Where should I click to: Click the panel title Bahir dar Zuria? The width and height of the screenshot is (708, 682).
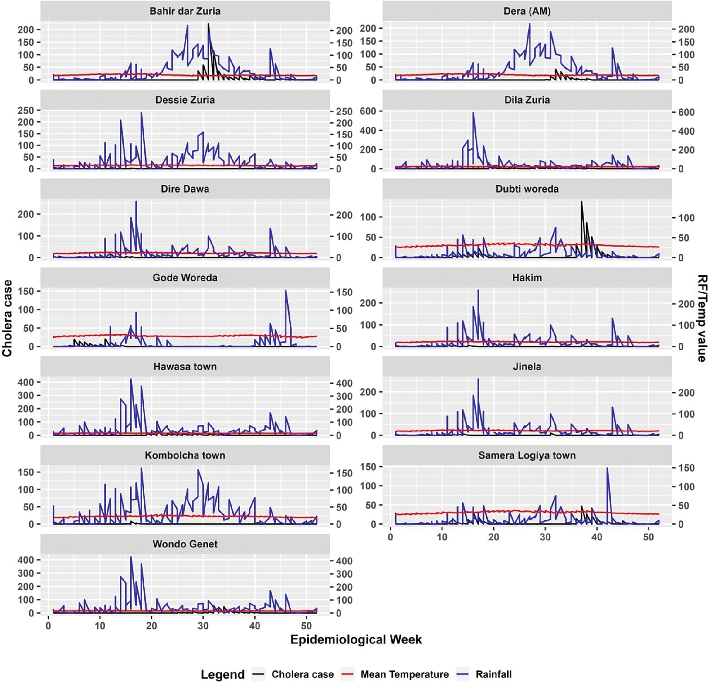[x=185, y=11]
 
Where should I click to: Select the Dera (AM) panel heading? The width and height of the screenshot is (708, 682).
[x=527, y=11]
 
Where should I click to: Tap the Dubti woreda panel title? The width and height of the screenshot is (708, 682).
[x=527, y=189]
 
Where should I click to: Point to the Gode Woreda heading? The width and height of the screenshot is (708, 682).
[x=185, y=278]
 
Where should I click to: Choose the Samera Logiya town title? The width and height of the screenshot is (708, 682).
[x=527, y=455]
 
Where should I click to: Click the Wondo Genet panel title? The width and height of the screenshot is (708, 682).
[x=185, y=544]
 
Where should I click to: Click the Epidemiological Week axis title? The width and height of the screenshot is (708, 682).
[x=356, y=639]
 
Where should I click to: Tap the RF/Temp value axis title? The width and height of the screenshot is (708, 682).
[x=701, y=318]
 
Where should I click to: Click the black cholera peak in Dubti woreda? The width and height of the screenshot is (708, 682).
[x=581, y=202]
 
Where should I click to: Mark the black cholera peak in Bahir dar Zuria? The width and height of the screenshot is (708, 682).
[x=208, y=24]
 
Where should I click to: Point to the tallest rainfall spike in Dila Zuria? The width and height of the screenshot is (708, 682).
[x=473, y=113]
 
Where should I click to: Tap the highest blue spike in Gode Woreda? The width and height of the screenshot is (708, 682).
[x=286, y=290]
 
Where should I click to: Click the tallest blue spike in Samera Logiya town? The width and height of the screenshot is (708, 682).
[x=607, y=469]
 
